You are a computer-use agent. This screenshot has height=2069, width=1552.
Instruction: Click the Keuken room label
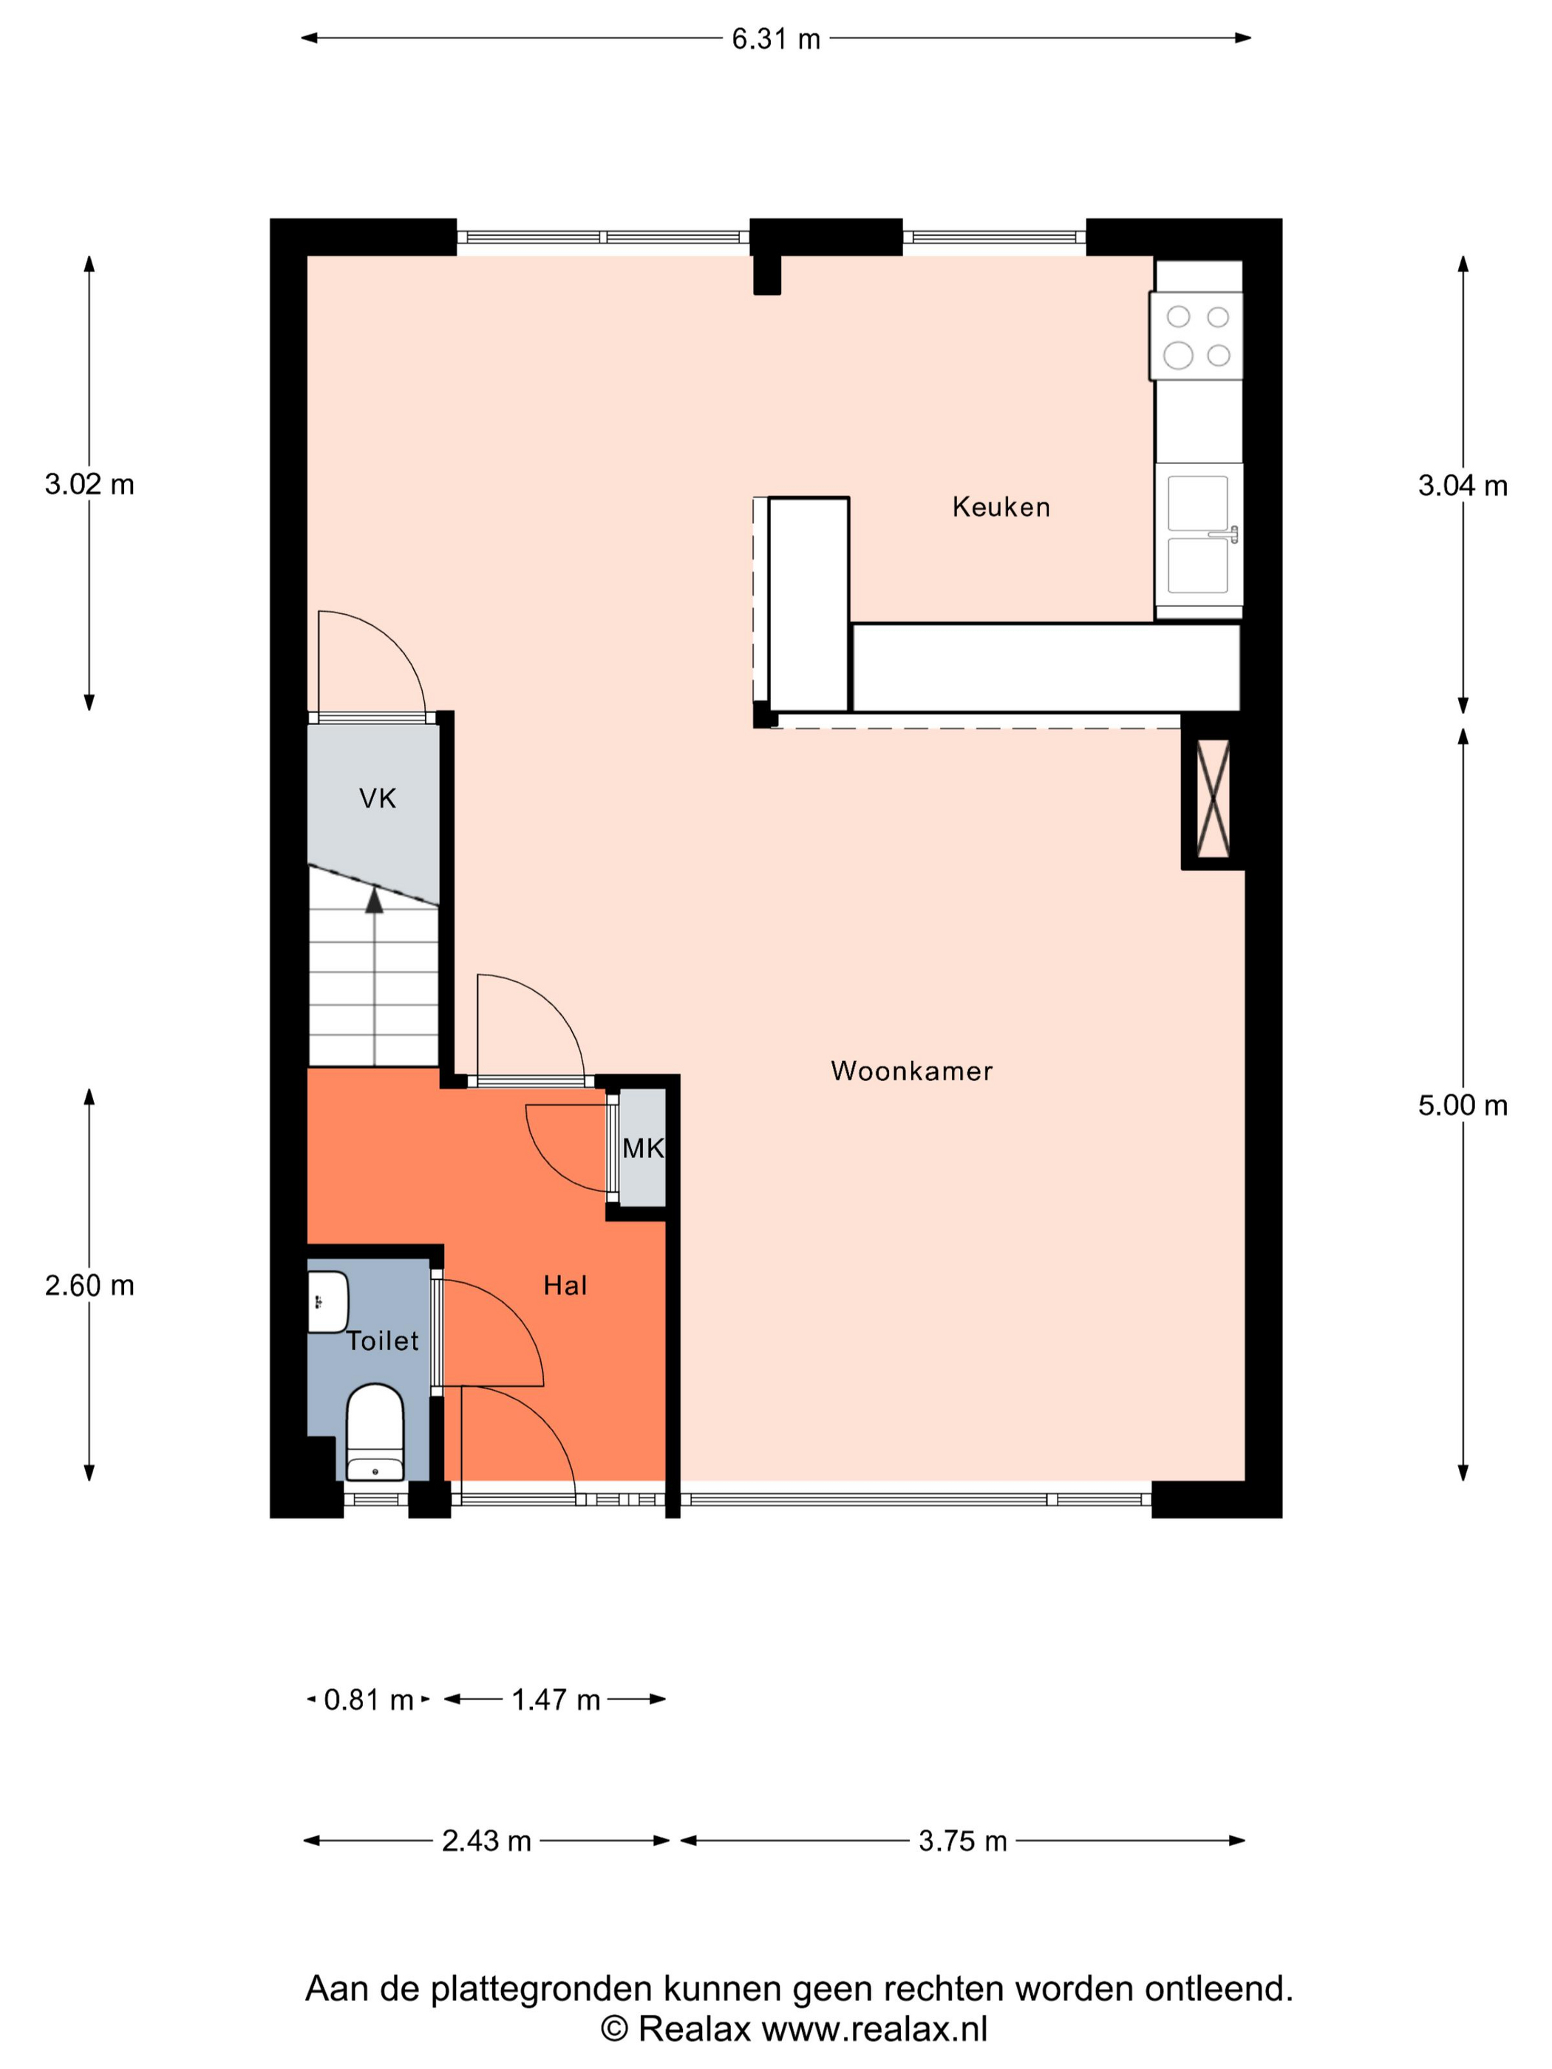click(1000, 507)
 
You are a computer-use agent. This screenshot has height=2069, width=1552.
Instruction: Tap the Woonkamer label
click(911, 1071)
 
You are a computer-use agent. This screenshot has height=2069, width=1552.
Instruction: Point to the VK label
click(378, 798)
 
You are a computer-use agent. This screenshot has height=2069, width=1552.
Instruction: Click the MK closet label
click(644, 1148)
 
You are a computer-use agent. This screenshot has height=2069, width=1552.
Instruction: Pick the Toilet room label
click(383, 1340)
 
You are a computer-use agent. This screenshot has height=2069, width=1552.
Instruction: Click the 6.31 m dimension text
click(775, 39)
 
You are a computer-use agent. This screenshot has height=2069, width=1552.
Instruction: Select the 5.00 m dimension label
click(1462, 1105)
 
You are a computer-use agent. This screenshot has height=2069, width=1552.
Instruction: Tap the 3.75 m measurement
click(963, 1841)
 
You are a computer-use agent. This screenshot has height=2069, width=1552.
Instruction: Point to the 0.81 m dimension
click(369, 1700)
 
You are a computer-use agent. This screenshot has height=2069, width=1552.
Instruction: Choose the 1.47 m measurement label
click(556, 1700)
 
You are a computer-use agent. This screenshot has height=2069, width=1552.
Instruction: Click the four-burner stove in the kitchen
click(1197, 335)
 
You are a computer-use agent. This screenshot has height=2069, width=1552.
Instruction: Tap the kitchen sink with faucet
click(1199, 534)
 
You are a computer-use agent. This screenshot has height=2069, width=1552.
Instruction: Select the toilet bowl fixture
click(375, 1432)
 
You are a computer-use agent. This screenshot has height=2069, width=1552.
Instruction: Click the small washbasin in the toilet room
click(327, 1301)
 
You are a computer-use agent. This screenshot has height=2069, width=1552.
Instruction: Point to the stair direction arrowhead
click(374, 900)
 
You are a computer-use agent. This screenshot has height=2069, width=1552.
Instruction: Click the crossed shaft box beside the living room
click(1214, 798)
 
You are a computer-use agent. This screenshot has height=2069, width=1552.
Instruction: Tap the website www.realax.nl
click(875, 2029)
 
